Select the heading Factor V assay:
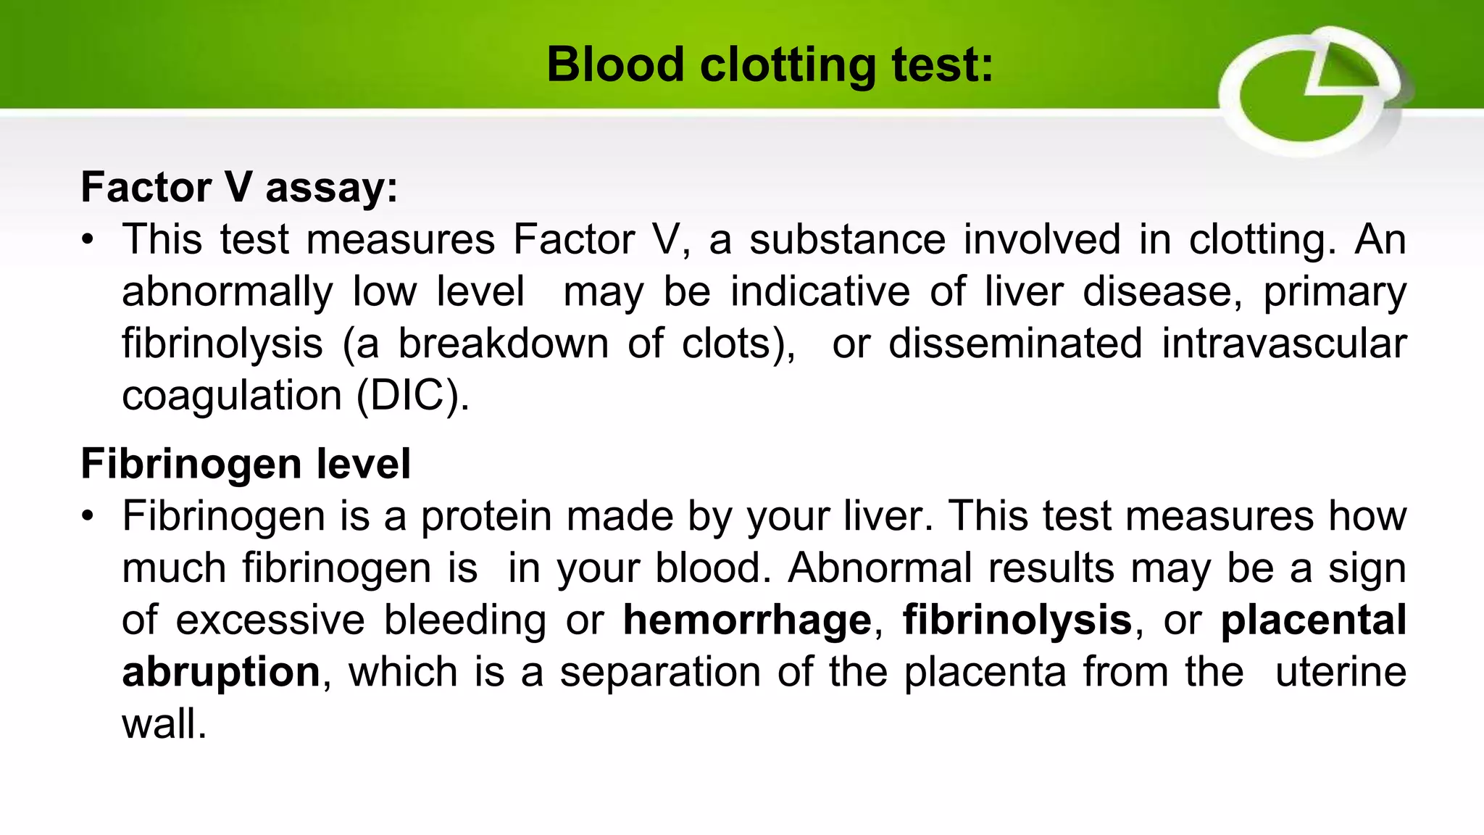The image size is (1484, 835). click(239, 187)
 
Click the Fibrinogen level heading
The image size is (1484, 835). click(246, 463)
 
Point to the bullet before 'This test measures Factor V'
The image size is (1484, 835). click(88, 240)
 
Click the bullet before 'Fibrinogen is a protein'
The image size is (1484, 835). click(88, 516)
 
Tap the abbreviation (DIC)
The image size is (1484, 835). click(412, 396)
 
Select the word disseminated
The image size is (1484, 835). click(1015, 344)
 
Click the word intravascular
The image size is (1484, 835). click(1284, 344)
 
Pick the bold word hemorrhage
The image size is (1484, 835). click(747, 620)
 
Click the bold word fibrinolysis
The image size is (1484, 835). click(1017, 620)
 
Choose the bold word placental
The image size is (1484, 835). click(1313, 620)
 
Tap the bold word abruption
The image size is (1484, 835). click(221, 672)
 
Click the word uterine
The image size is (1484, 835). click(1341, 672)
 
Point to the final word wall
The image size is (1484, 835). click(164, 724)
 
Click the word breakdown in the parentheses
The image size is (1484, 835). click(503, 344)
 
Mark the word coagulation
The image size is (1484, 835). click(231, 396)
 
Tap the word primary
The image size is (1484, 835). click(1335, 292)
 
